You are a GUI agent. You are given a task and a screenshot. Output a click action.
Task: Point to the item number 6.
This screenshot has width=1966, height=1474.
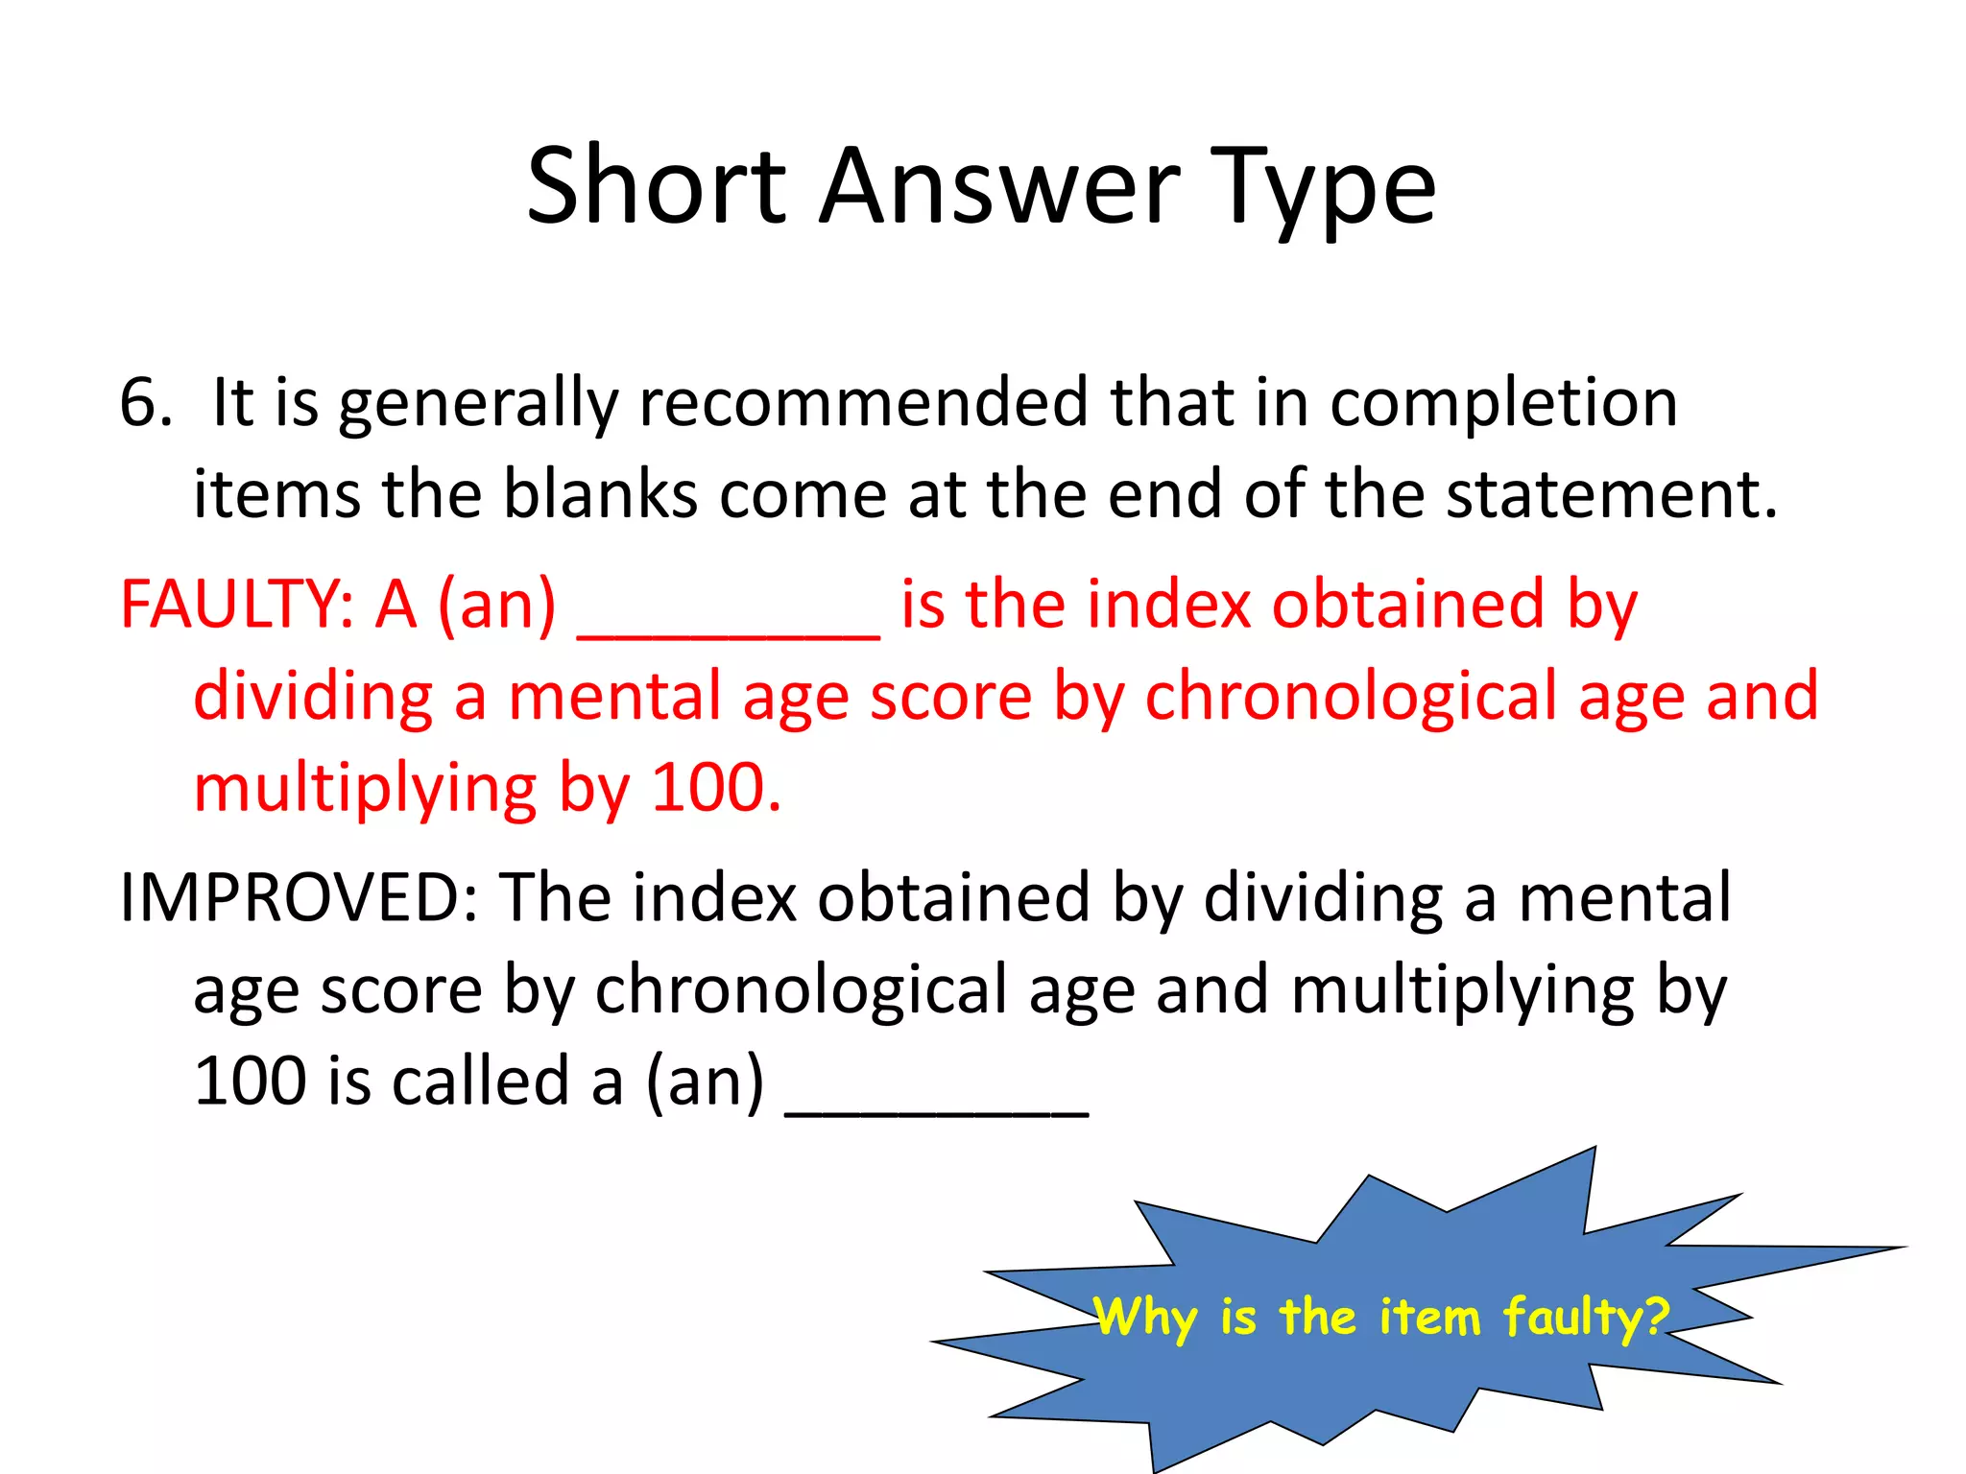pos(145,402)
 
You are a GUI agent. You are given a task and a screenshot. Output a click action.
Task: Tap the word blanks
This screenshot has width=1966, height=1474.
pos(601,494)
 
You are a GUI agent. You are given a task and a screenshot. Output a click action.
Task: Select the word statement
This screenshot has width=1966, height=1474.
pos(1612,494)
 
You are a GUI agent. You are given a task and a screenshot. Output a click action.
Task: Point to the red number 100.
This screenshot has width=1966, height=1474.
pos(716,789)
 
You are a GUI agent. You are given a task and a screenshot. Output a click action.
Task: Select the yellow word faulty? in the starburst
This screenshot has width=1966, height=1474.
pos(1586,1318)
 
